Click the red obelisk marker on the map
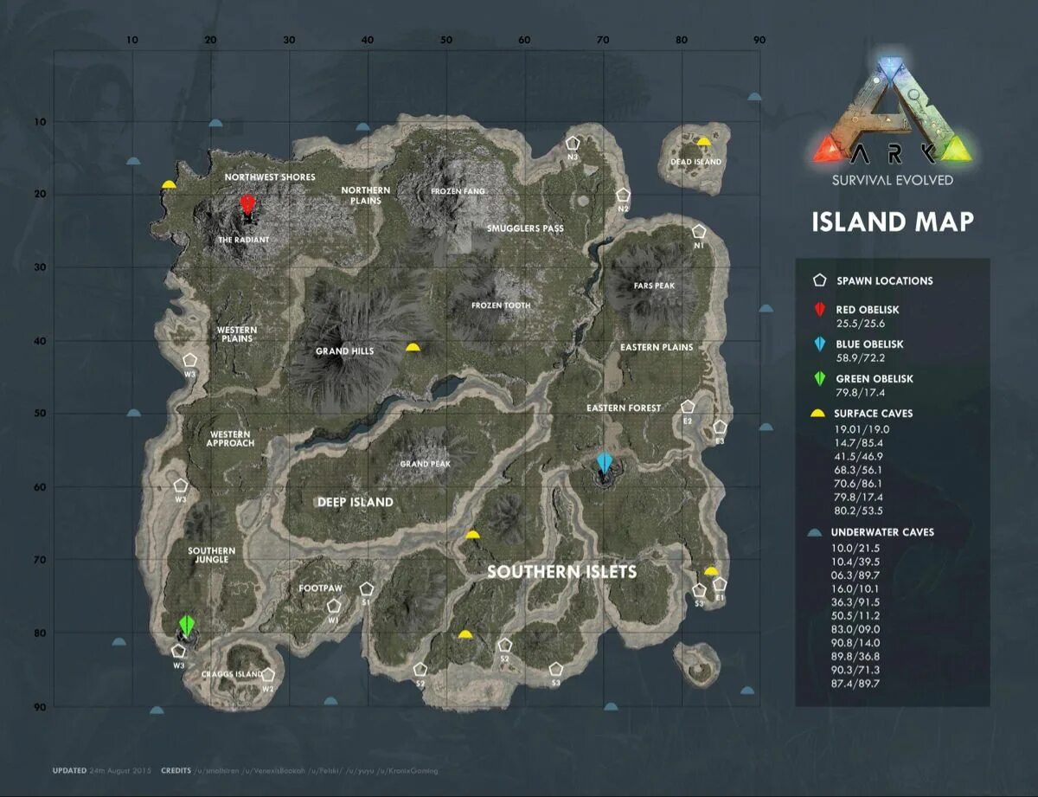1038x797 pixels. tap(247, 204)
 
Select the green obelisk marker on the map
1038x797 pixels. tap(187, 626)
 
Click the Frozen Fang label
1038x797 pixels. tap(458, 191)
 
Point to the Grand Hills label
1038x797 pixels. tap(344, 351)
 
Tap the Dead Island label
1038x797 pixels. tap(695, 162)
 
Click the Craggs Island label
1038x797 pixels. tap(231, 674)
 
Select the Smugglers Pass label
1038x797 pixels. tap(525, 228)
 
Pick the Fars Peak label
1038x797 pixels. tap(653, 286)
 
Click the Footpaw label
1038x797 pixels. tap(320, 588)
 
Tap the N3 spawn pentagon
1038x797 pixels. tap(573, 144)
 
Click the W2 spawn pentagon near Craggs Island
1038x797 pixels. tap(268, 675)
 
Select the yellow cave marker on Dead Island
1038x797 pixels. tap(704, 142)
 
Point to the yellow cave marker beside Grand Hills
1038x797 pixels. tap(413, 347)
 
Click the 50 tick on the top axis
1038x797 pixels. tap(446, 40)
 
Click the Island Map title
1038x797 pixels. tap(893, 222)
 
